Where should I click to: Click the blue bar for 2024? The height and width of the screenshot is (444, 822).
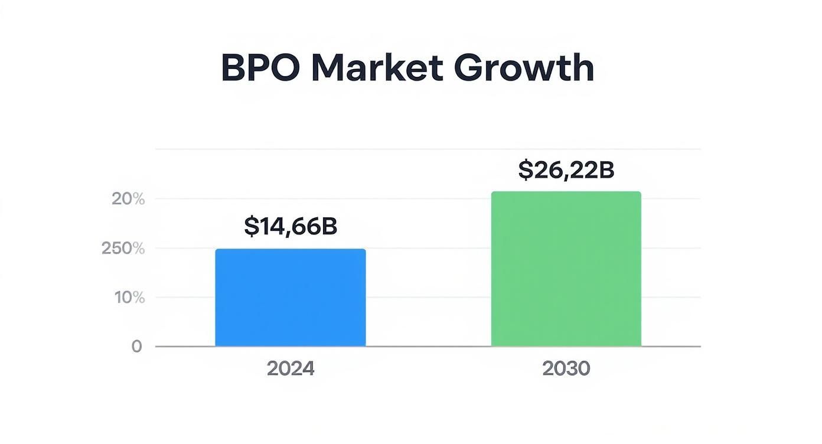[x=290, y=298]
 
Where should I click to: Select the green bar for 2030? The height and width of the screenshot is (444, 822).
[x=566, y=269]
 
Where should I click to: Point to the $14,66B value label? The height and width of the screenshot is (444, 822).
[x=290, y=227]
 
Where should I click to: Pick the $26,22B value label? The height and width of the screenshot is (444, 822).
[x=566, y=170]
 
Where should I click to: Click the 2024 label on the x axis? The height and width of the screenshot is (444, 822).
[x=290, y=368]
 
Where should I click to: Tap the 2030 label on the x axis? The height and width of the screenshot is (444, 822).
[x=566, y=368]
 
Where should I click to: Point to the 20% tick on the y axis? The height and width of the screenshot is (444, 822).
[x=128, y=199]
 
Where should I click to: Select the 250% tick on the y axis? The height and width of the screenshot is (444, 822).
[x=123, y=249]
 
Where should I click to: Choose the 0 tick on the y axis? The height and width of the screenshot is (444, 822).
[x=136, y=347]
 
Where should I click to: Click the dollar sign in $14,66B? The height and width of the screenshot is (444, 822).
[x=251, y=227]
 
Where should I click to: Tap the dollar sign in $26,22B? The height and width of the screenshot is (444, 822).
[x=526, y=170]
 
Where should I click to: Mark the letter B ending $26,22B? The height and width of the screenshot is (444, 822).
[x=606, y=170]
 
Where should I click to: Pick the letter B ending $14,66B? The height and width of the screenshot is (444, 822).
[x=329, y=227]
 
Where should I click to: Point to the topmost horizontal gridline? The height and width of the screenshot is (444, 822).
[x=428, y=149]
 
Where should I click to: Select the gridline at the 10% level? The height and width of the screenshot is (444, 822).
[x=428, y=298]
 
